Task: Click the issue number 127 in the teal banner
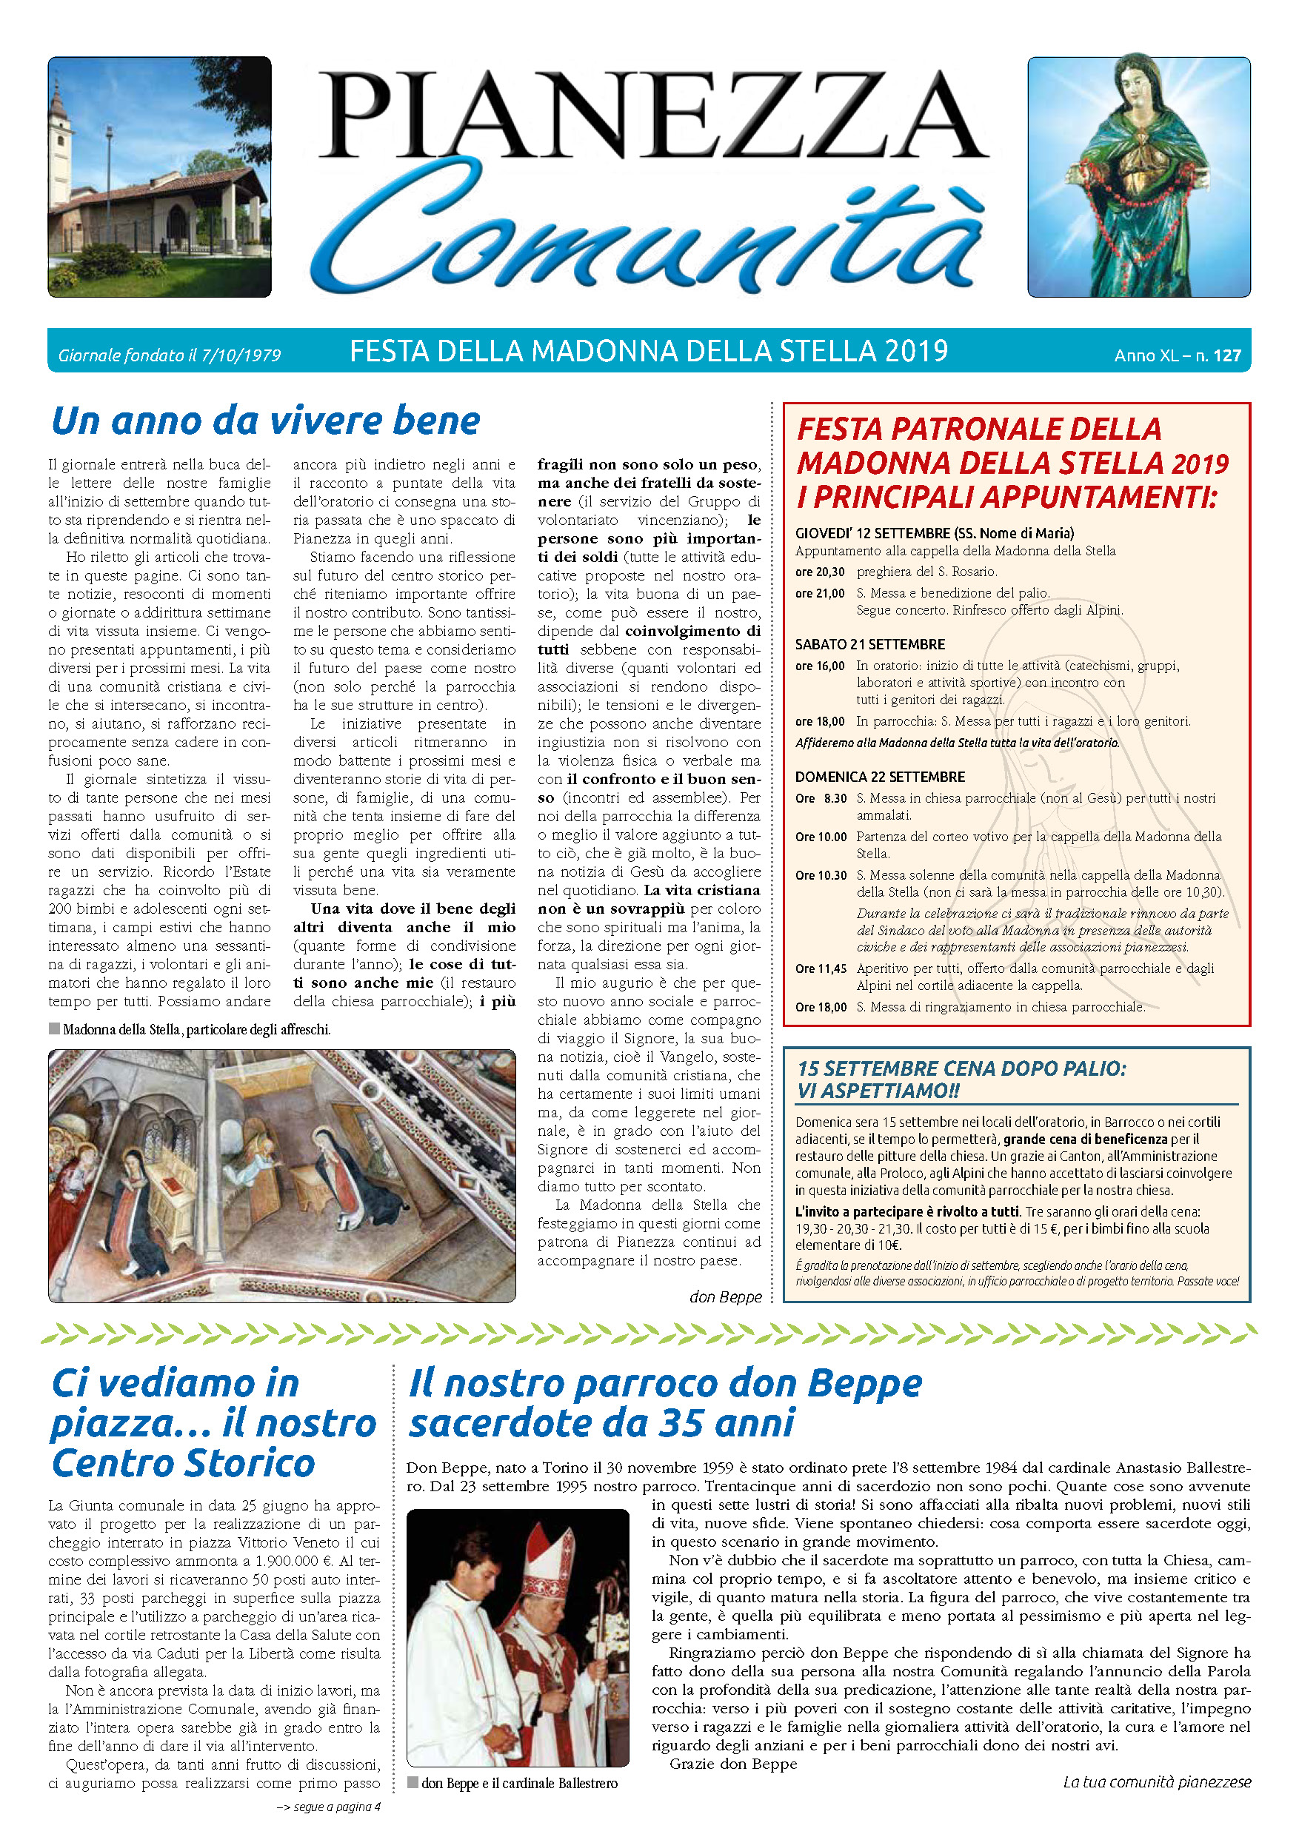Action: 1227,355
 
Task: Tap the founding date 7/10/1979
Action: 241,355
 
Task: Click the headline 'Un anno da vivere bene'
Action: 266,421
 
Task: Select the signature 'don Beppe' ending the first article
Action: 725,1297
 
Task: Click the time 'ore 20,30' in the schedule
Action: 820,572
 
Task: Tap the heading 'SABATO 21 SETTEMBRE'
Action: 869,644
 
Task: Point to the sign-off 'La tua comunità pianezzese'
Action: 1157,1781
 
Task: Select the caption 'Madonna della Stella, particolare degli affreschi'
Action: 196,1030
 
